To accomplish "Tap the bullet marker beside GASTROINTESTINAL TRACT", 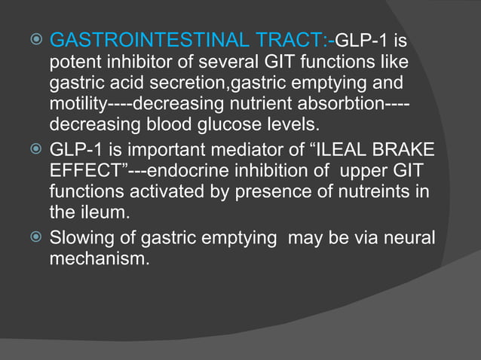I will [35, 38].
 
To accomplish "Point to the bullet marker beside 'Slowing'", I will [35, 239].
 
